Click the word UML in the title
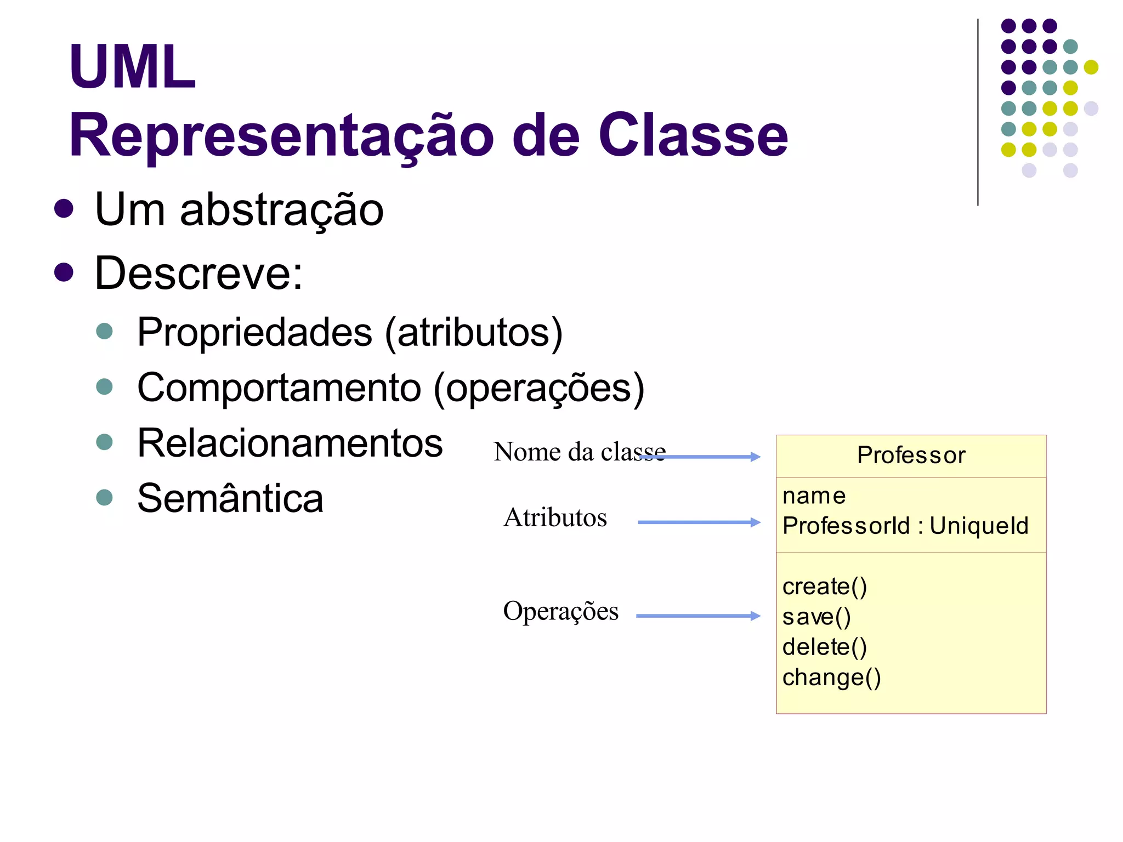point(132,67)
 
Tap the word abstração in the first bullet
point(281,210)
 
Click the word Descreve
point(198,273)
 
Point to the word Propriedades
point(254,332)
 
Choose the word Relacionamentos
point(290,443)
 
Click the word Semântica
point(230,498)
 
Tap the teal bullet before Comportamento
point(104,386)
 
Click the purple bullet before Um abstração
point(64,208)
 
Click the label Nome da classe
point(579,452)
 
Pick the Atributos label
point(555,517)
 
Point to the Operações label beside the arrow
point(560,611)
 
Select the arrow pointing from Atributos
point(699,522)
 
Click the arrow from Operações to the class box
point(697,616)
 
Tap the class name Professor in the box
point(911,456)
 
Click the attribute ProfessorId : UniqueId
point(905,526)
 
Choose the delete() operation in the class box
point(824,647)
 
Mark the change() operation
point(831,678)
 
